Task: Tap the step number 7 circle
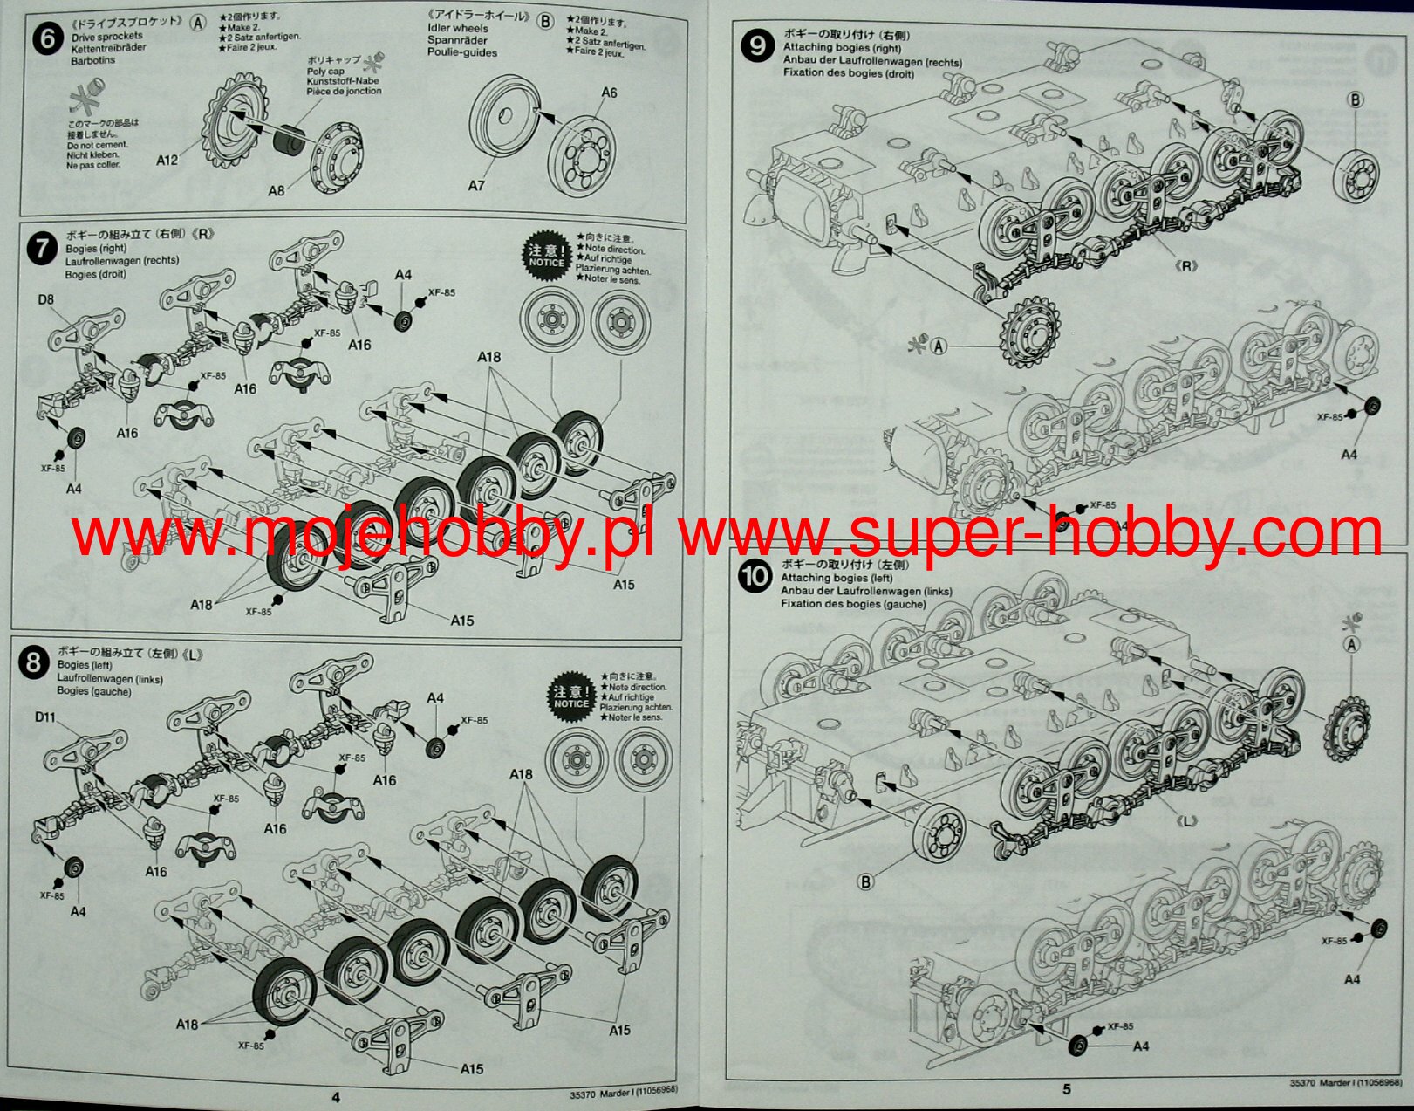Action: [41, 250]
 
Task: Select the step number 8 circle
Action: [33, 663]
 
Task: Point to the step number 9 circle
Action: [757, 45]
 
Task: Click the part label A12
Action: [167, 160]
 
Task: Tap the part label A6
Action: [608, 93]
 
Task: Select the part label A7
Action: [476, 185]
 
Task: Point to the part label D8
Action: [45, 299]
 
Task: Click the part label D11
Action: [45, 717]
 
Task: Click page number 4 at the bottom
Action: [336, 1097]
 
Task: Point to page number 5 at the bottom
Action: [1066, 1088]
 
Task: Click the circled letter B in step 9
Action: [1356, 99]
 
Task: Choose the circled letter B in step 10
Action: [865, 882]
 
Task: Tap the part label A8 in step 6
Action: [276, 190]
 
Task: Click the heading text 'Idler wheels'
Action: [458, 28]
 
